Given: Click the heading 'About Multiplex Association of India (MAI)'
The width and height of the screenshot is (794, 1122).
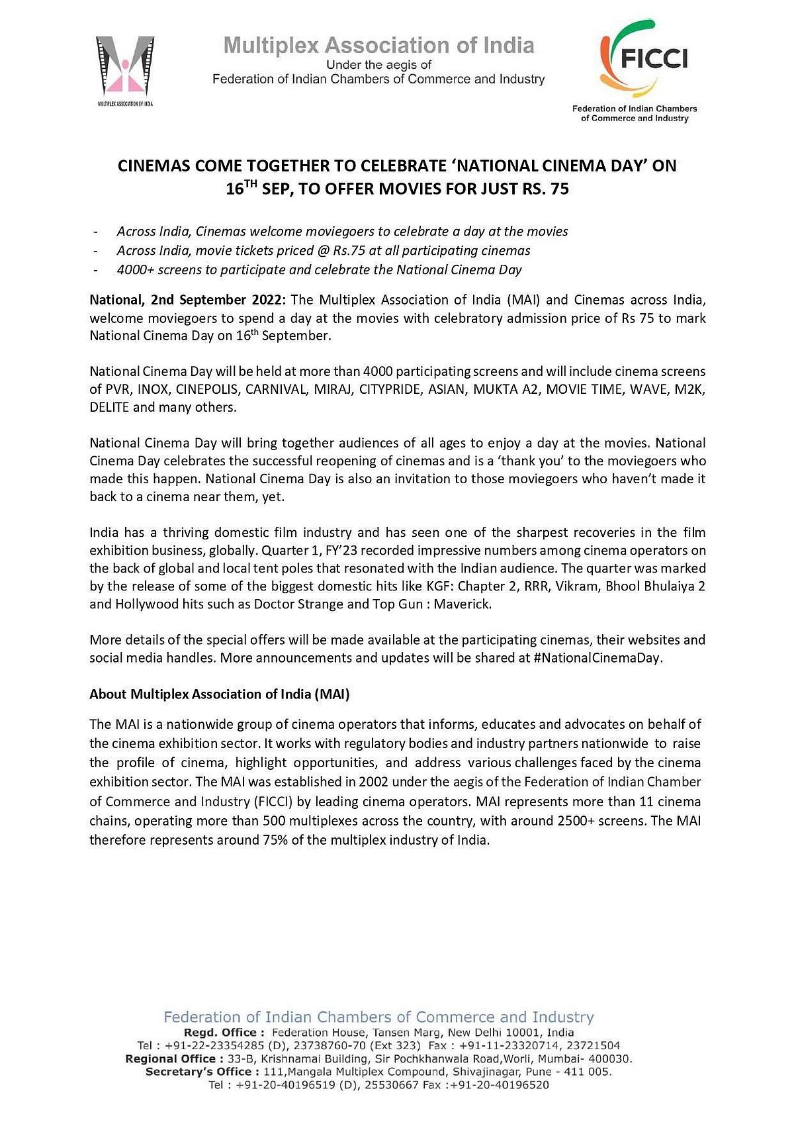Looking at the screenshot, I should point(220,694).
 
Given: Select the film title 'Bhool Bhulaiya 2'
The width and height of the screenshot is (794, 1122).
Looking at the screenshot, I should point(651,586).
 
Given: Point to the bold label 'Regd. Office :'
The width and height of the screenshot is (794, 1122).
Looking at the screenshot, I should point(224,1032).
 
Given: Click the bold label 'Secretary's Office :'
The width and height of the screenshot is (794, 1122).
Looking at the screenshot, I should point(198,1071).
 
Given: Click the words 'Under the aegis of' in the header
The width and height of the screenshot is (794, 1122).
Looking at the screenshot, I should point(379,65).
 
